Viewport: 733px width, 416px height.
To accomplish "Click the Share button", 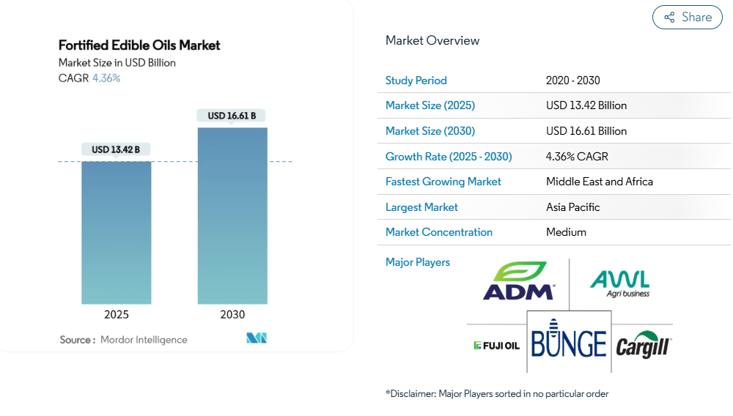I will click(687, 18).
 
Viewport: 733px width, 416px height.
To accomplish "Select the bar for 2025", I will click(117, 232).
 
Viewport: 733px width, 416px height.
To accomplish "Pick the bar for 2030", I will click(232, 216).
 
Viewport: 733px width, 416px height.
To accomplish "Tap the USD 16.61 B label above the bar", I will click(232, 116).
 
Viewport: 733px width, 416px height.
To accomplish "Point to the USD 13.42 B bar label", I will click(116, 149).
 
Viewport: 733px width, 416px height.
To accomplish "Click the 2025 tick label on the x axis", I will click(117, 315).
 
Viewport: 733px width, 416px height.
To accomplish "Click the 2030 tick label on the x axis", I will click(232, 315).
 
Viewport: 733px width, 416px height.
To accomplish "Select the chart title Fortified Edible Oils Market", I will click(139, 45).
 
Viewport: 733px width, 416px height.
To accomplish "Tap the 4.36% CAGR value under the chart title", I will click(106, 78).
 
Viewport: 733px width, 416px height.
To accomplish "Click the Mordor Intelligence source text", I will click(144, 340).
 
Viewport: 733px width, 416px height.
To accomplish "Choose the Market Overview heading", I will click(432, 41).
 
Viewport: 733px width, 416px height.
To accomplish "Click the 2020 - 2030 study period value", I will click(572, 81).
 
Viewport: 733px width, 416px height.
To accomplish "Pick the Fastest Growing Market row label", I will click(443, 182).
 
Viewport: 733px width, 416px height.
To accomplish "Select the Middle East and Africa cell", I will click(600, 182).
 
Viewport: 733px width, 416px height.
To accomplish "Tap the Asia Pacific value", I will click(573, 207).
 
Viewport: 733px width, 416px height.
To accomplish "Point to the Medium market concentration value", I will click(566, 232).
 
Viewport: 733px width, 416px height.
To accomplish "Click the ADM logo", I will click(518, 281).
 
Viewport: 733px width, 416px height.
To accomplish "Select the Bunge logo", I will click(569, 342).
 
